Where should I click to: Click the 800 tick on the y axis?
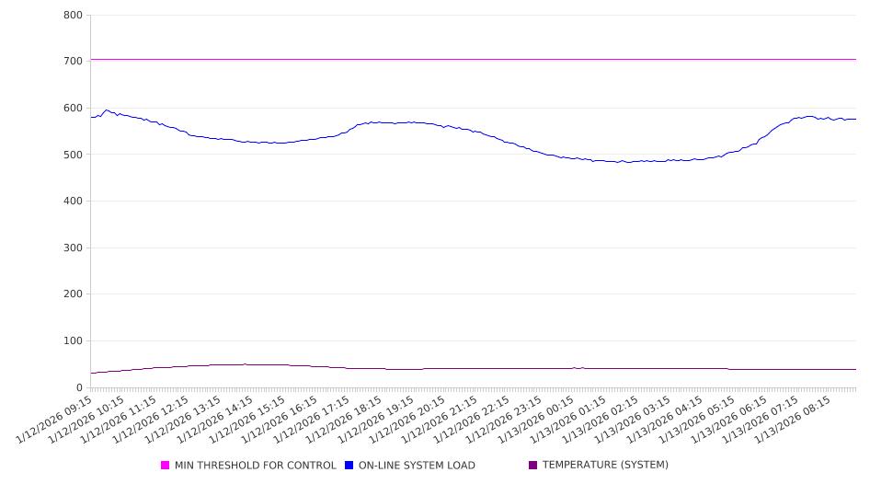74,16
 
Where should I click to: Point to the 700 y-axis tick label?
74,62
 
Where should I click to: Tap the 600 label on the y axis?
74,109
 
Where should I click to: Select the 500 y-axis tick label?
74,156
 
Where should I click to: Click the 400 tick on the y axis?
74,202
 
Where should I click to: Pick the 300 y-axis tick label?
74,248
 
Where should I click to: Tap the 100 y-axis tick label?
74,341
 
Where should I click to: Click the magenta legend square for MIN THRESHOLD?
166,466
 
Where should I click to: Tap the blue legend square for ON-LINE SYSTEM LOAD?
349,466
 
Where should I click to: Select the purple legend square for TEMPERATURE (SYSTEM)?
533,466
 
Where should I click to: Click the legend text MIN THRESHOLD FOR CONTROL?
256,466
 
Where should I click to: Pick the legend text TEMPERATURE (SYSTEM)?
605,466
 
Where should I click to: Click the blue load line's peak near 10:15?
107,110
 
